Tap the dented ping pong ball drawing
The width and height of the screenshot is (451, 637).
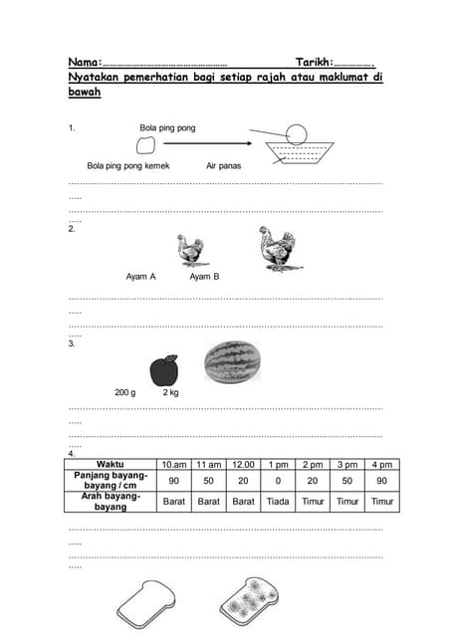click(x=145, y=145)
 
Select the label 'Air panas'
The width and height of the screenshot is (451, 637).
click(x=224, y=165)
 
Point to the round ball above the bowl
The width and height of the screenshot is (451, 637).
click(x=297, y=131)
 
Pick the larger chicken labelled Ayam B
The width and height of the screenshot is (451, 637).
click(x=276, y=248)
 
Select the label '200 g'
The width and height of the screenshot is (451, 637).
click(x=125, y=393)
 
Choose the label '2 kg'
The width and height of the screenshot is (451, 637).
click(x=171, y=393)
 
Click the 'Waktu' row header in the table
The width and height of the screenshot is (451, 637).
click(x=111, y=465)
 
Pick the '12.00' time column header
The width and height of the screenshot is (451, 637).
click(x=243, y=465)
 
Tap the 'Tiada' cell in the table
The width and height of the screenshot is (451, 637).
click(x=278, y=502)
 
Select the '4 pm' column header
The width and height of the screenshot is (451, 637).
click(x=381, y=465)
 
